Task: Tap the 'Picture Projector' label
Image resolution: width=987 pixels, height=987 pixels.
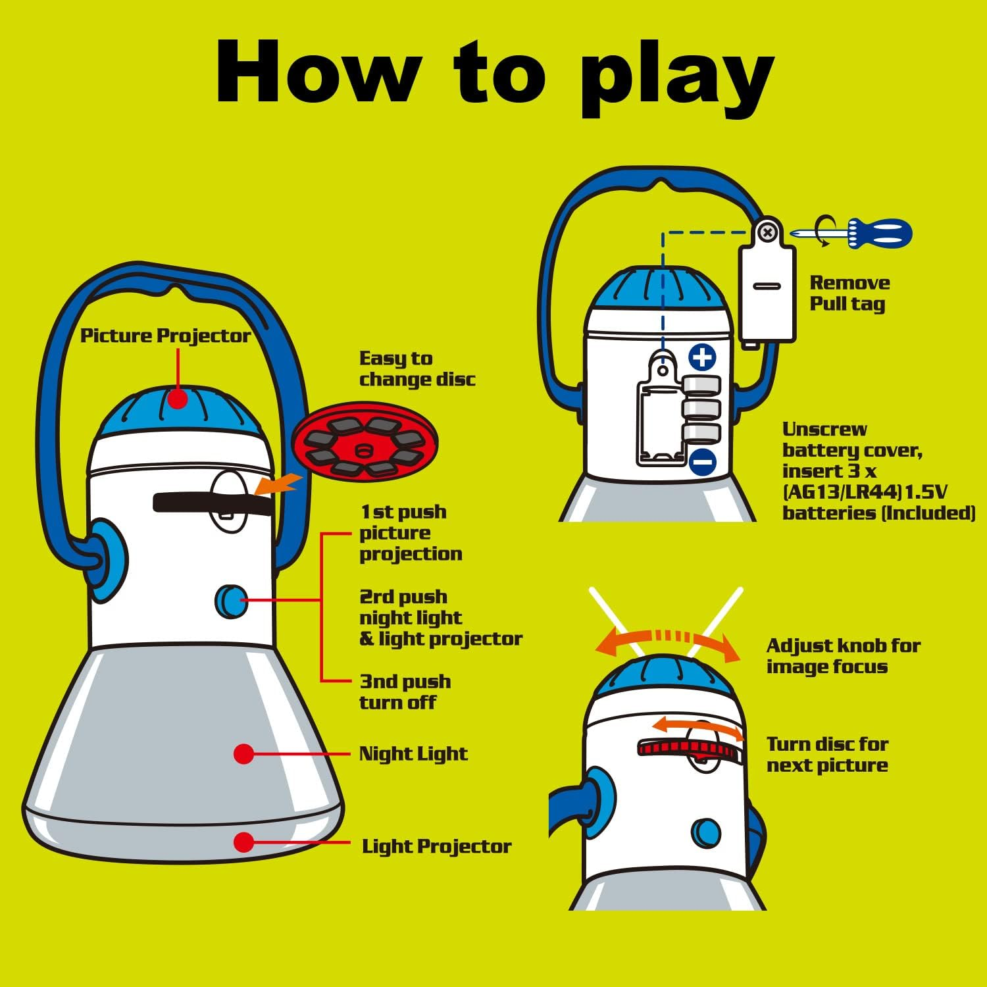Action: pyautogui.click(x=165, y=336)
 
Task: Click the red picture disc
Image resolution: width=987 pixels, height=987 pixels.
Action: pyautogui.click(x=365, y=440)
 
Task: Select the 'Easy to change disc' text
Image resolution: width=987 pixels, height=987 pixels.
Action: pyautogui.click(x=417, y=368)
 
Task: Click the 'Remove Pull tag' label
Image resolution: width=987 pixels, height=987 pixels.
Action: pyautogui.click(x=849, y=293)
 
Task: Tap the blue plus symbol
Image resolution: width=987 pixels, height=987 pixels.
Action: pyautogui.click(x=702, y=357)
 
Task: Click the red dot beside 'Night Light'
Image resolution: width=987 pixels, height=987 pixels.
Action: pyautogui.click(x=243, y=754)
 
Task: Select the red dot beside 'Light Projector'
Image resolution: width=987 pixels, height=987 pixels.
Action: pyautogui.click(x=243, y=842)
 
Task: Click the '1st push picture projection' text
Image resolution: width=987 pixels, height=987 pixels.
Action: pyautogui.click(x=411, y=533)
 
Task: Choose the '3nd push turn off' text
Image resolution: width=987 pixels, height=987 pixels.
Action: pyautogui.click(x=405, y=692)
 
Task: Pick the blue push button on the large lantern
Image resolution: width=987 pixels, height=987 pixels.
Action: pyautogui.click(x=231, y=601)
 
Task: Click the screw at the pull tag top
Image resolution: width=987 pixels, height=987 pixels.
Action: pyautogui.click(x=767, y=232)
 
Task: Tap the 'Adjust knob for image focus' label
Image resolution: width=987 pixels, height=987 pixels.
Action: pyautogui.click(x=843, y=656)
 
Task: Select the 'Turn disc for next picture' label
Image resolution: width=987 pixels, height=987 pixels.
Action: pyautogui.click(x=827, y=755)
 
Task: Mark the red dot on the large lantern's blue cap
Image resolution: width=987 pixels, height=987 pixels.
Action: pyautogui.click(x=178, y=398)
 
